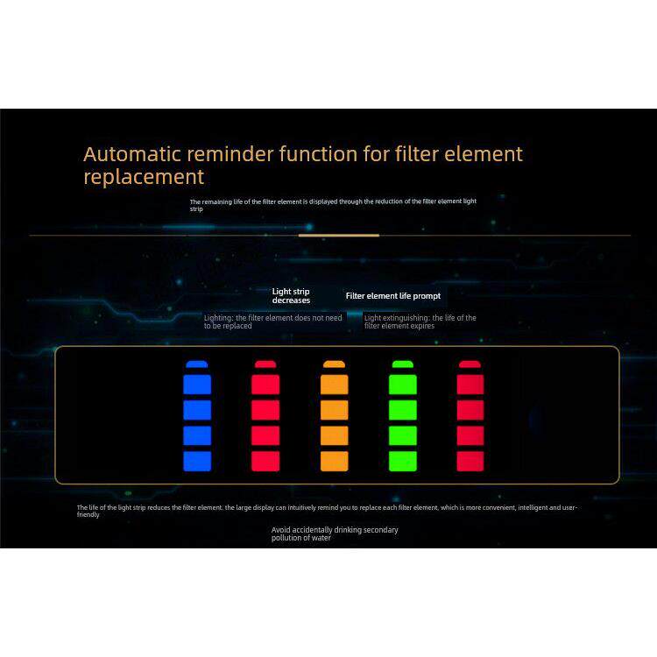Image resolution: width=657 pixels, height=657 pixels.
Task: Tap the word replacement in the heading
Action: (144, 177)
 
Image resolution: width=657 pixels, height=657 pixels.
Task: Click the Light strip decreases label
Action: (291, 295)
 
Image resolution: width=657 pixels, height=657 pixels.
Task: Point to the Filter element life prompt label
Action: (394, 296)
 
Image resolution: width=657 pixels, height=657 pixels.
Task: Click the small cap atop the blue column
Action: (197, 364)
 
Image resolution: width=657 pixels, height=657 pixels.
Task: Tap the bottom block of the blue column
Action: (197, 462)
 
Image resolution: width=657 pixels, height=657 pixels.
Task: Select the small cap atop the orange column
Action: (334, 364)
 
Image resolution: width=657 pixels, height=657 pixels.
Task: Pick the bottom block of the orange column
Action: (334, 462)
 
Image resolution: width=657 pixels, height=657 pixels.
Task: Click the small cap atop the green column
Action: (402, 364)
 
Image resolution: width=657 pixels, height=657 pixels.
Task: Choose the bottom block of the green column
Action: (402, 462)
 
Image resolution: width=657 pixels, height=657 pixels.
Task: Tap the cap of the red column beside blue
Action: (265, 364)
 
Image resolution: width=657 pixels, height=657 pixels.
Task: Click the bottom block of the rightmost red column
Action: (470, 462)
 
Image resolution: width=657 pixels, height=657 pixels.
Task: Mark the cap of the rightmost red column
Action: (470, 364)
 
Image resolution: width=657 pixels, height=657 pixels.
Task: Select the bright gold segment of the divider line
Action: (338, 235)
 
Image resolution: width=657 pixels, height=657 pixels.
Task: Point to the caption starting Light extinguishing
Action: (420, 321)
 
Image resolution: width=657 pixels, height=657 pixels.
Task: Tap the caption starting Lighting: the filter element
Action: (272, 321)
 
